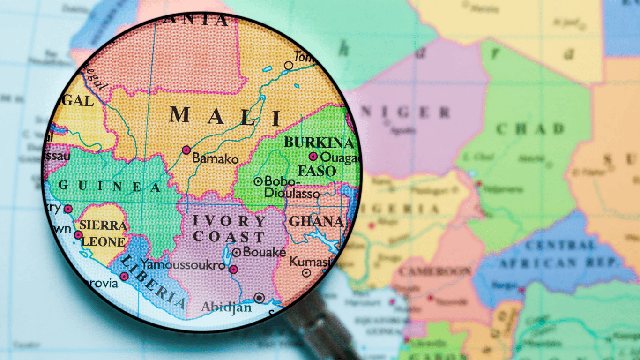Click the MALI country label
tap(225, 116)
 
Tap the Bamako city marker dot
tap(186, 150)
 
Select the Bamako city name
tap(216, 159)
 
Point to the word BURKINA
tap(319, 142)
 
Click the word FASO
tap(317, 171)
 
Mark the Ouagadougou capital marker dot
tap(313, 157)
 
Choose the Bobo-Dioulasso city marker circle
tap(258, 181)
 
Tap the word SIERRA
tap(103, 225)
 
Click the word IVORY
tap(229, 221)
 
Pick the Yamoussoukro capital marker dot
tap(233, 269)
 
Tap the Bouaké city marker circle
tap(237, 253)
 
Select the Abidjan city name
tap(226, 307)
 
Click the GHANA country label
tap(315, 222)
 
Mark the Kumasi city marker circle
tap(306, 272)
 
